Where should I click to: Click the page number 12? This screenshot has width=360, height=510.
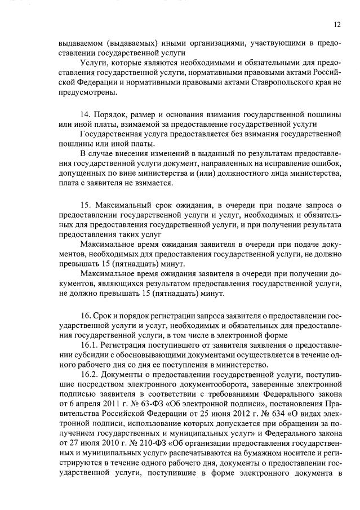click(337, 24)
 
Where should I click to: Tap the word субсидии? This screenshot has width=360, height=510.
click(78, 355)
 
